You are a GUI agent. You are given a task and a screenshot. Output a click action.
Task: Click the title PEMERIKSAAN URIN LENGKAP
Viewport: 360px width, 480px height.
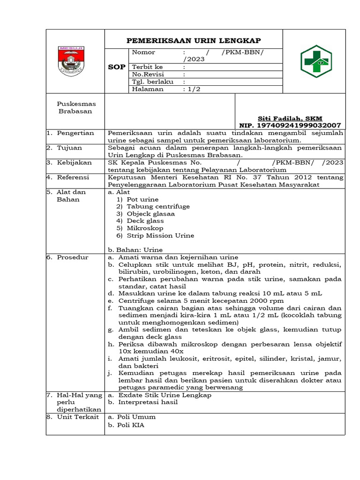(x=194, y=40)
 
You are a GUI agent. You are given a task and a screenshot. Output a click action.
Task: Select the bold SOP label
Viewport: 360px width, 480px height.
(x=117, y=67)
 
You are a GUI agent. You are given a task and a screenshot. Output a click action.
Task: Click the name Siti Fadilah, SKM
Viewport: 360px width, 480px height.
(x=290, y=119)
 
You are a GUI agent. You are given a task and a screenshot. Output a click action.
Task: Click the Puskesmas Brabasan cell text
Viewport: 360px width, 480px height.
(x=75, y=108)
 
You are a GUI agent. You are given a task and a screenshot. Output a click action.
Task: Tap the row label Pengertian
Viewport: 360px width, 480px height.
(x=75, y=133)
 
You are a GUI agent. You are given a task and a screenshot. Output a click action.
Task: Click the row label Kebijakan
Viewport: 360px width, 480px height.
(x=74, y=162)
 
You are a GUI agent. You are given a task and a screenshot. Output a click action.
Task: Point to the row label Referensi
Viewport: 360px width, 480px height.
(x=74, y=177)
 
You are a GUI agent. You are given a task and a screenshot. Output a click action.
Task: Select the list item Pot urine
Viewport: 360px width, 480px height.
(x=142, y=199)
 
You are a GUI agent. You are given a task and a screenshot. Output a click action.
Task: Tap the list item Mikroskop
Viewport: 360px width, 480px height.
(x=145, y=228)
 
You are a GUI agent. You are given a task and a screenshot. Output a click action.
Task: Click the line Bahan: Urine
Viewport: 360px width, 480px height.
(x=135, y=250)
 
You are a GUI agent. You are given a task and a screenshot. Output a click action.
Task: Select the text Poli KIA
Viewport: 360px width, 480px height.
(x=131, y=425)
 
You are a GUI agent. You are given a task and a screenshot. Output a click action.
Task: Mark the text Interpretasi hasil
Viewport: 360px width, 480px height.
(x=148, y=402)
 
